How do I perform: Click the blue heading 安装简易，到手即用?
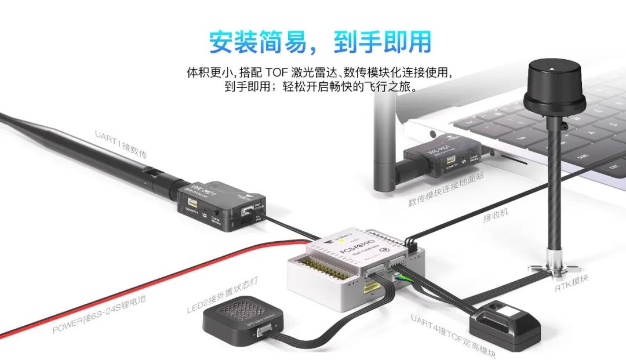click(x=320, y=42)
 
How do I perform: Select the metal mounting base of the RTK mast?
click(x=553, y=267)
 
